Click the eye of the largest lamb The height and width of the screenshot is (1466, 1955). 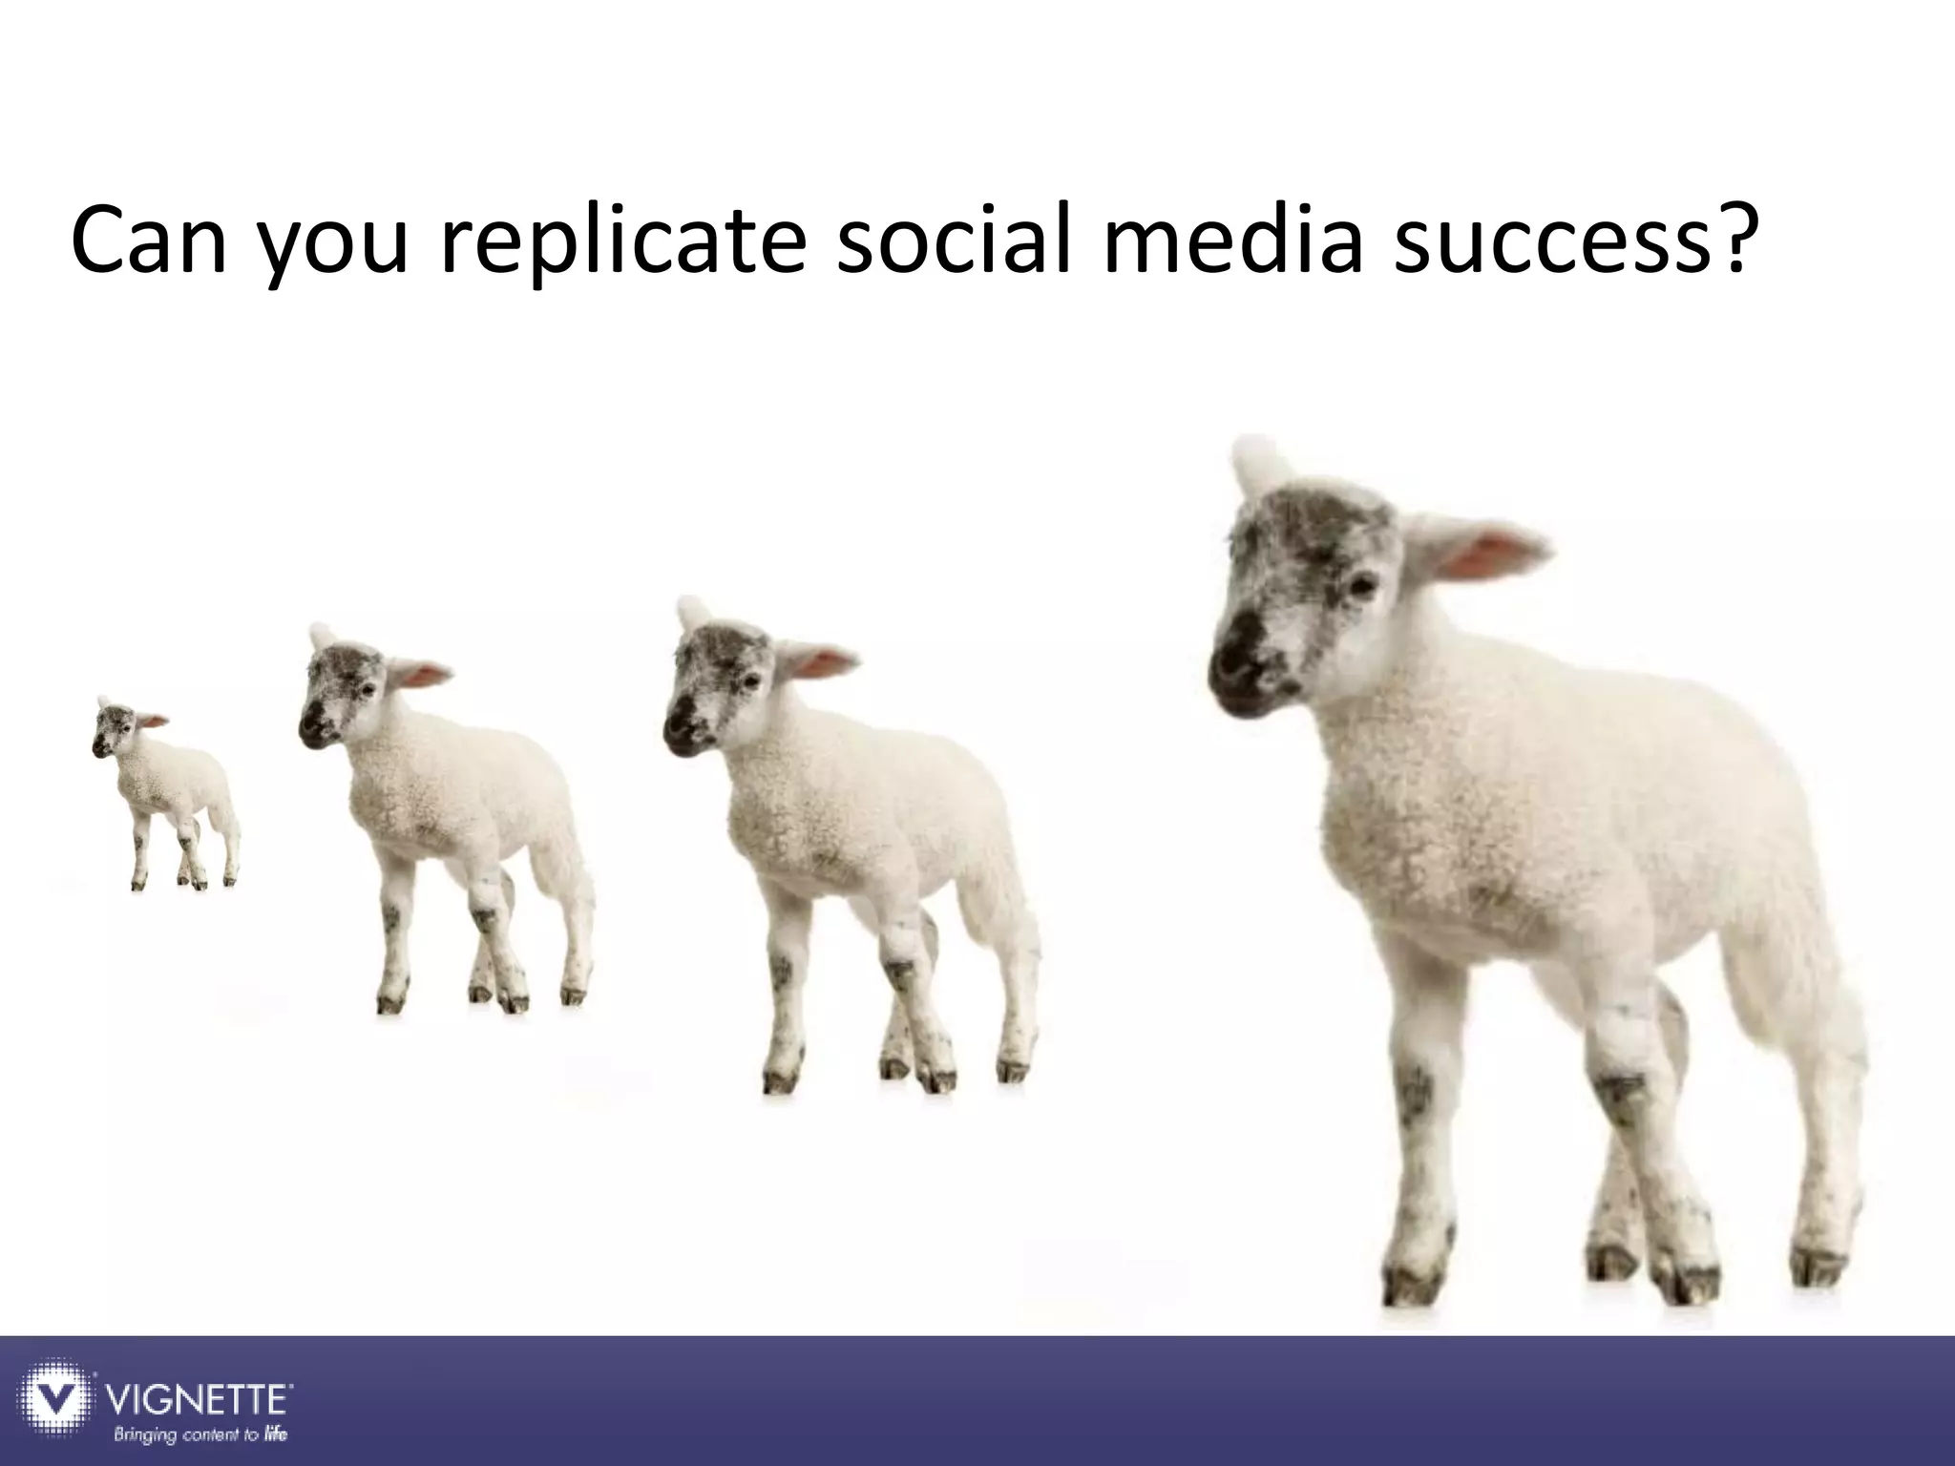pos(1361,582)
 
